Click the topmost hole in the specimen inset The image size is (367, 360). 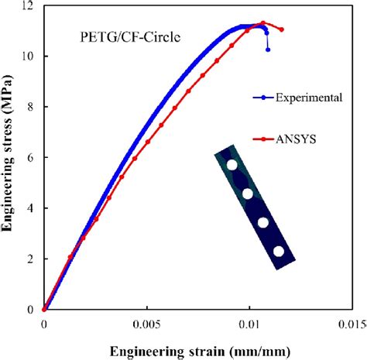(x=232, y=164)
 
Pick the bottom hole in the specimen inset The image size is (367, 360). (x=279, y=251)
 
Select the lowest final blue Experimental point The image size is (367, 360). (x=268, y=50)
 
